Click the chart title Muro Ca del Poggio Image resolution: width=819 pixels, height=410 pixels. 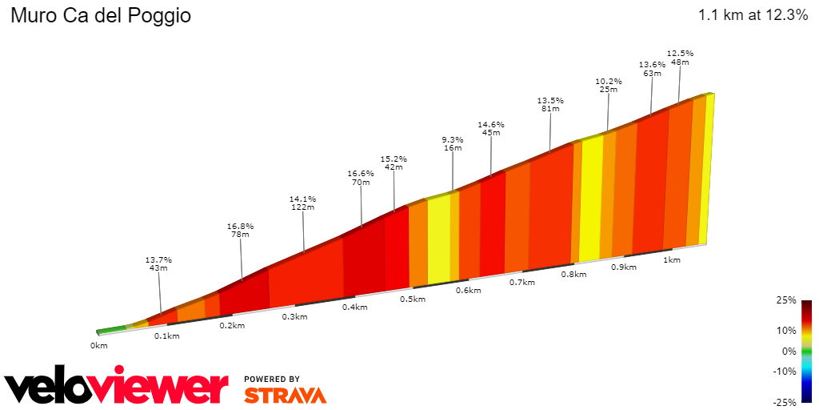coord(101,16)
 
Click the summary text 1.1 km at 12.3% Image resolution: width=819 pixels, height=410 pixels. coord(753,15)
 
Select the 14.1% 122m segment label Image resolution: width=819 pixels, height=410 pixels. coord(303,203)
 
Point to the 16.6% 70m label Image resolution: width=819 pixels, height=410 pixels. coord(361,178)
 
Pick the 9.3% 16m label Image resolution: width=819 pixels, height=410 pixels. coord(453,143)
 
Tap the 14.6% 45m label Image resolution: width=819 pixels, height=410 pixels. coord(490,128)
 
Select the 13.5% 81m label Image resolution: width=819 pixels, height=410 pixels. coord(550,104)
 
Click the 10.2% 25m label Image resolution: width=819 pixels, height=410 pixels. coord(609,85)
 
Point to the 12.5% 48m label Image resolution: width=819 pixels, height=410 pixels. coord(680,57)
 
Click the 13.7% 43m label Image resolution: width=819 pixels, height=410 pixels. coord(158,263)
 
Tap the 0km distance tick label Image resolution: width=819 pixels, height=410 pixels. coord(98,346)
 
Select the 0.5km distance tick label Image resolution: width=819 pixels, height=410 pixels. coord(413,299)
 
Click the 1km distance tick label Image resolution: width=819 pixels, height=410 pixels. coord(672,259)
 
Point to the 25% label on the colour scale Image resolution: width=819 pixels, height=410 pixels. coord(786,300)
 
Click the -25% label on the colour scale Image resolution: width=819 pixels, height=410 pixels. coord(785,402)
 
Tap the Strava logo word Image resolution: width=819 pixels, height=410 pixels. coord(285,395)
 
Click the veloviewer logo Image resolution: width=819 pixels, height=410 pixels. coord(116,387)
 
